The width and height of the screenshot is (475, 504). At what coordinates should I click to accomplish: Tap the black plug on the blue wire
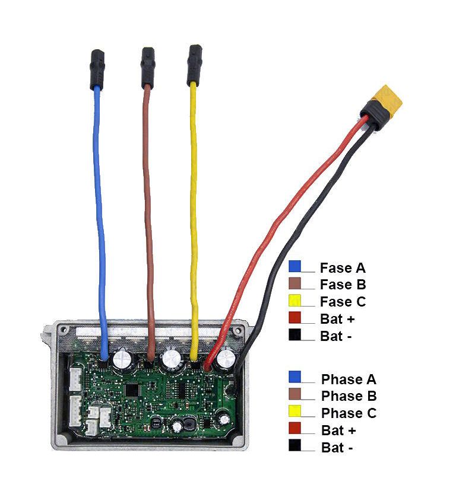97,69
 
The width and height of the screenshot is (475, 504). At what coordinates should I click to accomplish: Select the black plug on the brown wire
148,68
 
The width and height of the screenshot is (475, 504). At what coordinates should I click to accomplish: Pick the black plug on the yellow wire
195,65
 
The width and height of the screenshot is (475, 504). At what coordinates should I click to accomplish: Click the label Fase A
343,268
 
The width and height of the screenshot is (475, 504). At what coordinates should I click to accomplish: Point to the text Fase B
343,285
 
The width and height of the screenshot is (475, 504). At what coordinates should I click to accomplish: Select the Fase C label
343,301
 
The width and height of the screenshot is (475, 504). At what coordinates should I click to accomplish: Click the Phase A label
349,379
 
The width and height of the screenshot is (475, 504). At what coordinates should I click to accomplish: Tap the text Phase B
349,396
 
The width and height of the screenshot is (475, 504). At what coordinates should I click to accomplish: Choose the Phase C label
349,413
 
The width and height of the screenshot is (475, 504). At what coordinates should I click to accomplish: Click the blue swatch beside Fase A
294,266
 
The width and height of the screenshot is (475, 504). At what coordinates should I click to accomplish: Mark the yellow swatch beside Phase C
294,411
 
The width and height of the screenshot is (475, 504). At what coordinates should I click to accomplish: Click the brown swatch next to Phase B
294,394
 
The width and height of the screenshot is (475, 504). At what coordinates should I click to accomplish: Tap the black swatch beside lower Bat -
294,445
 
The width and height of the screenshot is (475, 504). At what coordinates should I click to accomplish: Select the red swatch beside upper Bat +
294,317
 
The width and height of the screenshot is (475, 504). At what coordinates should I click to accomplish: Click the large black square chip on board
132,390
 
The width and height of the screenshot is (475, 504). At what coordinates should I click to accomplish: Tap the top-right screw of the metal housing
238,330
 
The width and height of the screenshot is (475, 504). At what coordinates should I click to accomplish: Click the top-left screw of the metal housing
64,330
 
